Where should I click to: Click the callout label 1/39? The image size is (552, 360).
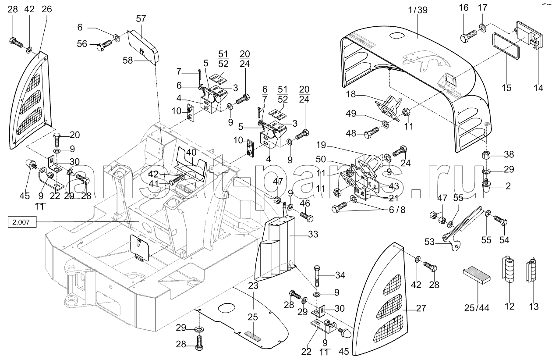pyautogui.click(x=418, y=10)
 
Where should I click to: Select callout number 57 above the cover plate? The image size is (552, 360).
pyautogui.click(x=141, y=19)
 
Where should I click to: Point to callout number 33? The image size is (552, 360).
pyautogui.click(x=313, y=234)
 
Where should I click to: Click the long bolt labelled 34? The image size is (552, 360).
pyautogui.click(x=317, y=276)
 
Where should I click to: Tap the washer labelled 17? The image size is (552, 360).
pyautogui.click(x=483, y=27)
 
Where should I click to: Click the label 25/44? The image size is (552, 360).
pyautogui.click(x=477, y=308)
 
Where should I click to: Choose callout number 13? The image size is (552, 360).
pyautogui.click(x=534, y=307)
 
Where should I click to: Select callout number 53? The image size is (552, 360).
pyautogui.click(x=429, y=242)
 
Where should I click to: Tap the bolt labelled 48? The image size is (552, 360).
pyautogui.click(x=372, y=133)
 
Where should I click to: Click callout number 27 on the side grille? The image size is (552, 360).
pyautogui.click(x=421, y=308)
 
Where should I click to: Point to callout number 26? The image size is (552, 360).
pyautogui.click(x=47, y=9)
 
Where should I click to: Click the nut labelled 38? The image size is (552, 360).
pyautogui.click(x=486, y=155)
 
